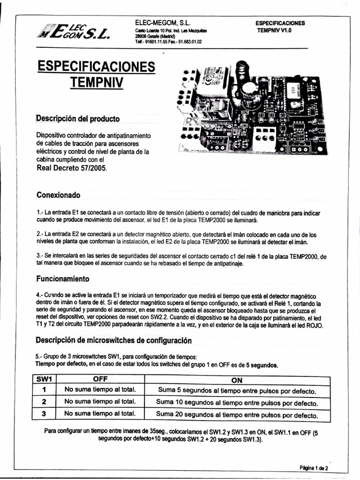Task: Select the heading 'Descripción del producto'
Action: tap(78, 119)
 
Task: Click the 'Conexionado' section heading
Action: tap(58, 195)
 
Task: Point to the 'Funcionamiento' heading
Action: tap(62, 278)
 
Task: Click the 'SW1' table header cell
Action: tap(43, 380)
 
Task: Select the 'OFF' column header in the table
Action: tap(100, 380)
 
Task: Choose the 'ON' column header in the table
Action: tap(237, 380)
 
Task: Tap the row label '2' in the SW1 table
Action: tap(44, 402)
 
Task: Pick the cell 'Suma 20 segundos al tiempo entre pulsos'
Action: tap(237, 414)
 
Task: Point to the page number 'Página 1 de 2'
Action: tap(314, 468)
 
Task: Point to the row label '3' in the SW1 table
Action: tap(44, 413)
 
